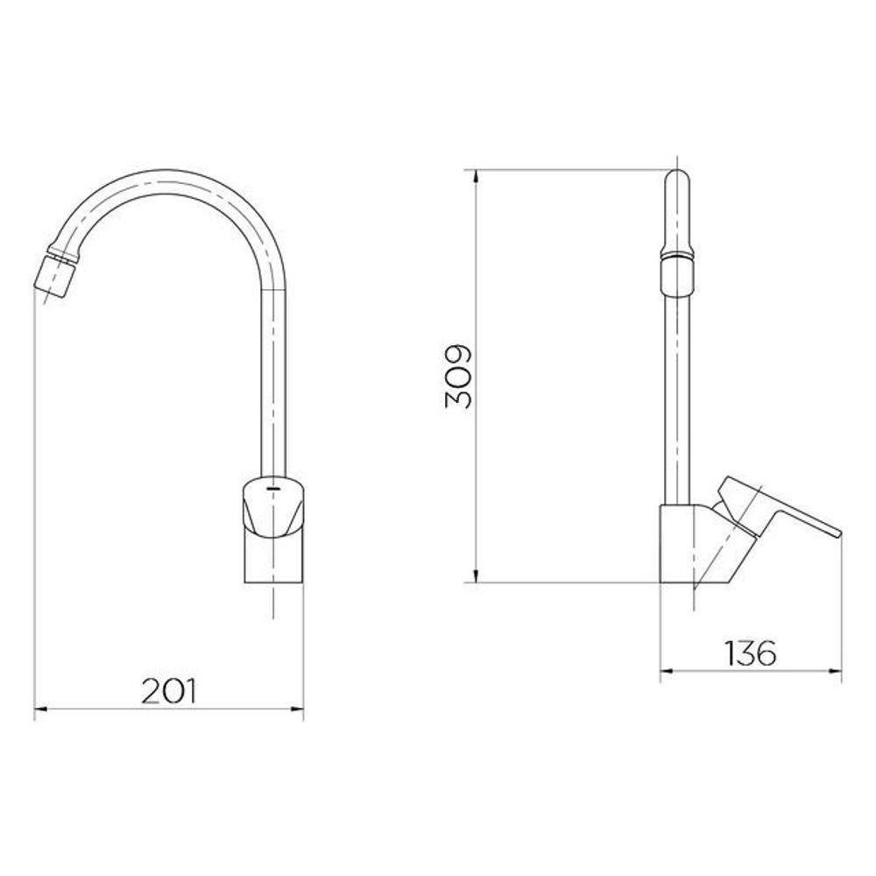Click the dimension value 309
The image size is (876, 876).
point(457,376)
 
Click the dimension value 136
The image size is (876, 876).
point(750,653)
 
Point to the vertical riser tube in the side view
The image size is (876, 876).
point(678,394)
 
